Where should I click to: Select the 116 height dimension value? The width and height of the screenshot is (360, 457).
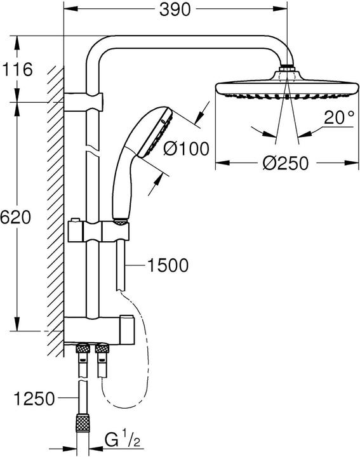(17, 69)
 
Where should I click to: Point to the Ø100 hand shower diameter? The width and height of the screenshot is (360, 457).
(186, 150)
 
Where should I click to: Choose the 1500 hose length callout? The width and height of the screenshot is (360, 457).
(167, 265)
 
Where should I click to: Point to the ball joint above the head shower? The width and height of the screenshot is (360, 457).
(288, 69)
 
